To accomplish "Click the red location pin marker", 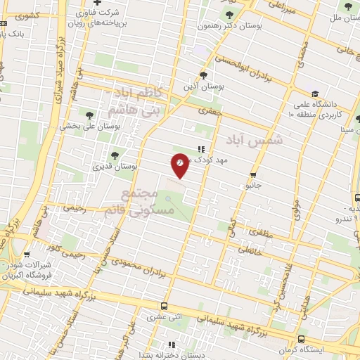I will pos(180,165).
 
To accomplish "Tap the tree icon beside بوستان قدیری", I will pos(115,155).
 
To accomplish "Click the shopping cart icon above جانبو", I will pos(253,175).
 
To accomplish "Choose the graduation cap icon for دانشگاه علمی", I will pos(315,94).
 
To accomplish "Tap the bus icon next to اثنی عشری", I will pos(163,307).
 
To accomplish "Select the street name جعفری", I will pos(209,110).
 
